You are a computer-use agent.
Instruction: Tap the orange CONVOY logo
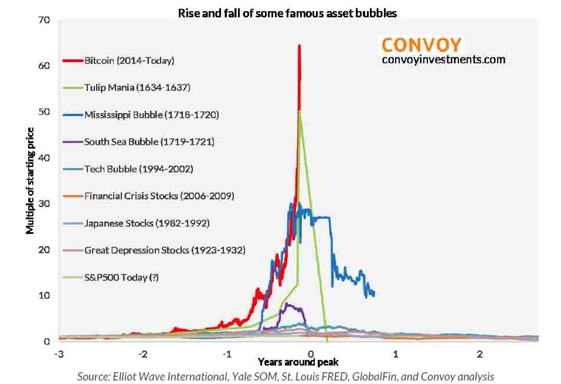coord(421,45)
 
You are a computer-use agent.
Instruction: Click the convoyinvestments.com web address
coord(443,59)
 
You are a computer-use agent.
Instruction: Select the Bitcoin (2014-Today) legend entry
coord(129,60)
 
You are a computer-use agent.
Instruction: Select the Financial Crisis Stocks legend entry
coord(159,196)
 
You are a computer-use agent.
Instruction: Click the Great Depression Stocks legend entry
coord(164,250)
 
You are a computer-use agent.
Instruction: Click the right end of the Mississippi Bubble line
coord(374,294)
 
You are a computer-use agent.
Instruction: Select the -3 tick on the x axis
coord(59,355)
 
